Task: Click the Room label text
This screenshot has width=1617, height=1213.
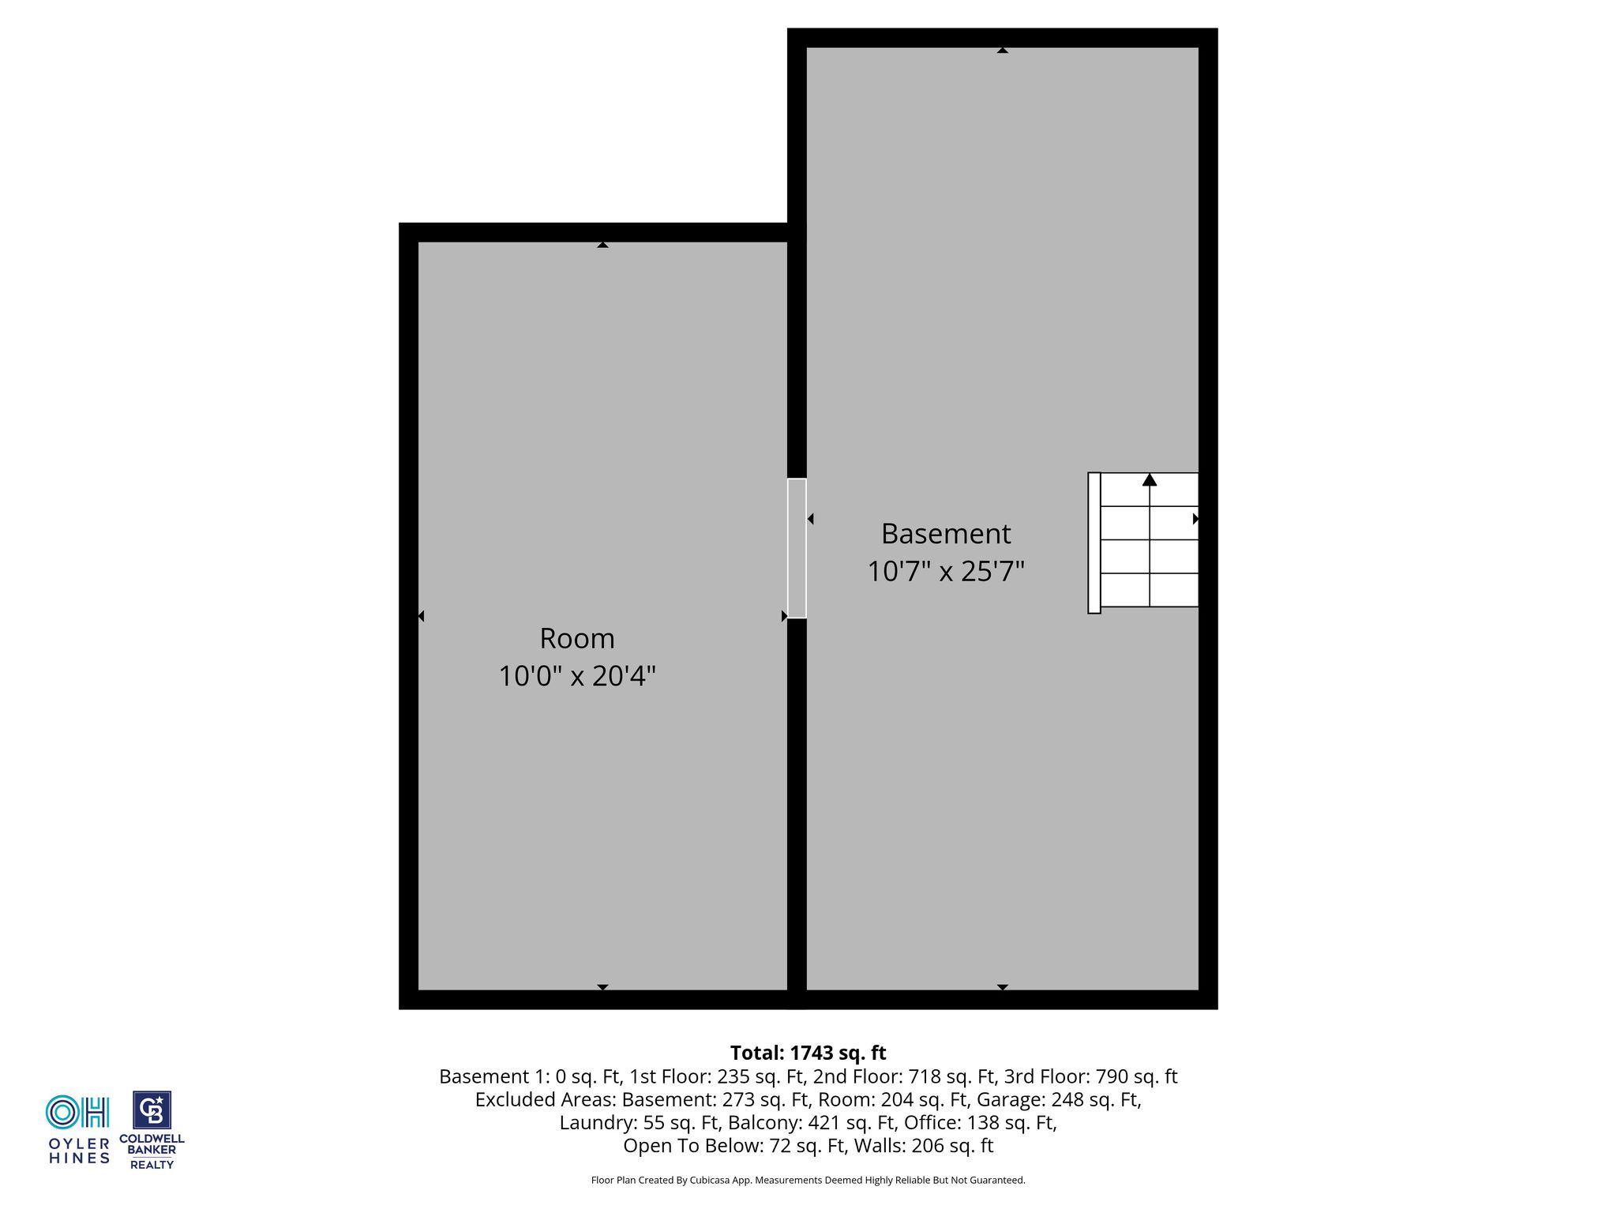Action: click(x=576, y=638)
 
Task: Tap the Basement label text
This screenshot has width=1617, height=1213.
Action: click(x=946, y=534)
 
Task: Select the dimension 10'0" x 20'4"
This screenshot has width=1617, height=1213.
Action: click(x=577, y=676)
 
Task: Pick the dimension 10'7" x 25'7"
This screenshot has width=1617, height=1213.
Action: click(x=946, y=571)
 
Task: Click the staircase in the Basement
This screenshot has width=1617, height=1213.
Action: click(x=1143, y=543)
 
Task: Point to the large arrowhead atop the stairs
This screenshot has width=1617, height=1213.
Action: click(x=1150, y=479)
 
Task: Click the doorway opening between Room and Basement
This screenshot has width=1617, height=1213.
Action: click(x=797, y=548)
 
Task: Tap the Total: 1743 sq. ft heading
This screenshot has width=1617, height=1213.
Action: click(x=808, y=1053)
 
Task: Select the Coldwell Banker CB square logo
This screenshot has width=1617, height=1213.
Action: click(x=152, y=1110)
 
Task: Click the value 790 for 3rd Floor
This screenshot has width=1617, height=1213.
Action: click(x=1112, y=1076)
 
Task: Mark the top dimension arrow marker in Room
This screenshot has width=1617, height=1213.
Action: click(x=602, y=245)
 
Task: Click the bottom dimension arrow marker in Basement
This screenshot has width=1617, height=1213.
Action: click(x=1002, y=987)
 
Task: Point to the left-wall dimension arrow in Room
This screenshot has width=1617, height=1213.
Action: click(x=421, y=616)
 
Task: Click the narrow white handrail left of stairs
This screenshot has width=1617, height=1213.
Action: click(x=1094, y=543)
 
